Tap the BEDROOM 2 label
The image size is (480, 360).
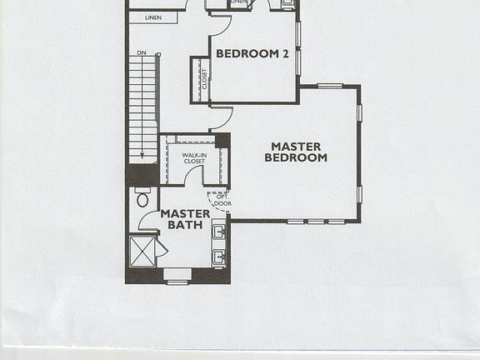point(252,53)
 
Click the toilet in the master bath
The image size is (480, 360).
point(142,199)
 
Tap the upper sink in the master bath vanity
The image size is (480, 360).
point(219,232)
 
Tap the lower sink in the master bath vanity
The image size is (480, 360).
point(219,257)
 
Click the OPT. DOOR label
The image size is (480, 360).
point(222,200)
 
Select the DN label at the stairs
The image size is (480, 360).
point(142,54)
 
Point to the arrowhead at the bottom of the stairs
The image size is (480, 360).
point(142,156)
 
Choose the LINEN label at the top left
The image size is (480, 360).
point(152,17)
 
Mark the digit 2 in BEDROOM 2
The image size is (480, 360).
point(285,53)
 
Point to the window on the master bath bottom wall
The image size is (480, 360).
point(177,282)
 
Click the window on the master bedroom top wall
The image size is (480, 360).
point(330,85)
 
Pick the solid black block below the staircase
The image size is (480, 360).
point(142,174)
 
